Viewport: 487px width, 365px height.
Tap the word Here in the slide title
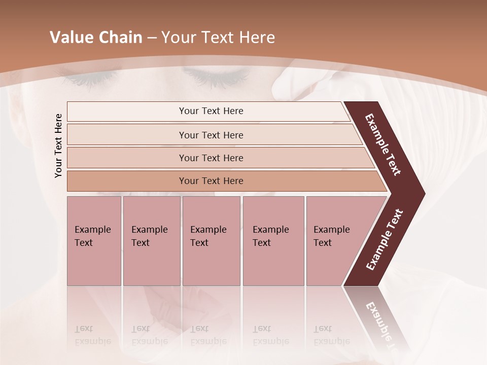257,38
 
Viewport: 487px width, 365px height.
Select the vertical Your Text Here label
58,145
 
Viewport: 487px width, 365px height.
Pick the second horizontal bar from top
211,135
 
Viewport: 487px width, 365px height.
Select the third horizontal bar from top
211,158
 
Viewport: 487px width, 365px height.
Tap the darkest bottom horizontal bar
211,181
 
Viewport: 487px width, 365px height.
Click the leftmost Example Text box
94,241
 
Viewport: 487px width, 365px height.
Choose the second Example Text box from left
151,241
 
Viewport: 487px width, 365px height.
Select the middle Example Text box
211,241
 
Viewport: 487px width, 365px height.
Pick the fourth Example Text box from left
273,241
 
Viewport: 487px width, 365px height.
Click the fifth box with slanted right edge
335,241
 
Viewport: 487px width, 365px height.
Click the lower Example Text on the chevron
385,239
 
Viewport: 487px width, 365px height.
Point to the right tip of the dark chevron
424,194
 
